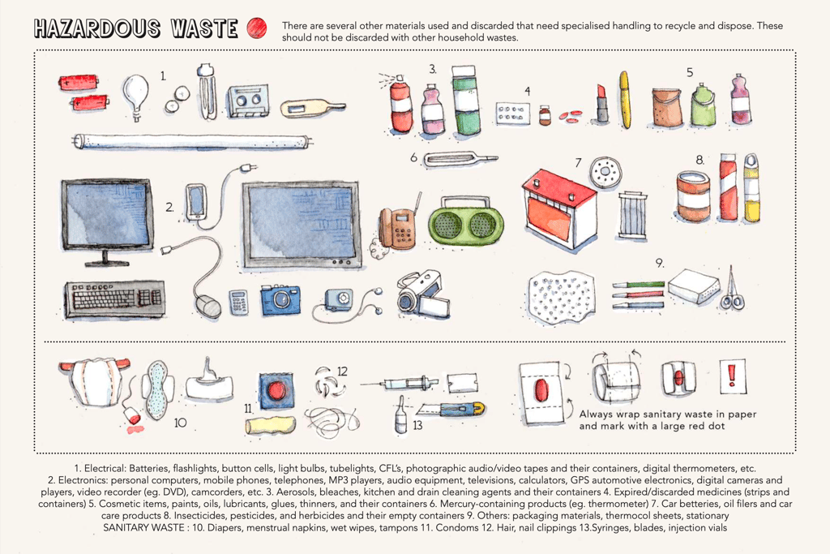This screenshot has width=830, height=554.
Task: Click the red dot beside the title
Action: point(257,28)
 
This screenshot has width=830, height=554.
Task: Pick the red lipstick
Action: point(601,102)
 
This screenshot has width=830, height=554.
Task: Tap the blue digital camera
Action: point(280,300)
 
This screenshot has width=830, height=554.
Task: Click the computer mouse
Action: point(207,306)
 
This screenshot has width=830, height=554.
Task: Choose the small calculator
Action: point(239,303)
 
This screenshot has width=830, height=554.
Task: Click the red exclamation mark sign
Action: point(733,376)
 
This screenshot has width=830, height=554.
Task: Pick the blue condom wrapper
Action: point(276,391)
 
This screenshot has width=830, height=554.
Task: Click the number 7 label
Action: point(578,163)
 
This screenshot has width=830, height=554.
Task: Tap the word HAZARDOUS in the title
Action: point(97,28)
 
